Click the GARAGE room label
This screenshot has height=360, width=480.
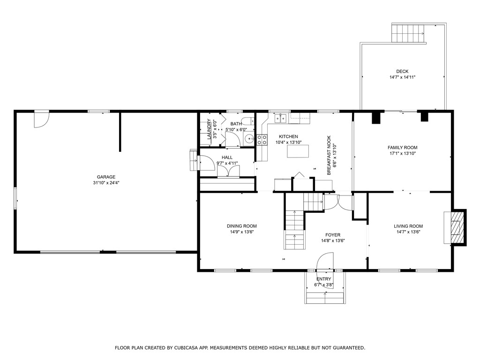106,177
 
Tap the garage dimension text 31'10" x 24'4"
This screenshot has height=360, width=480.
106,183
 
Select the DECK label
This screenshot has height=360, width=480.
402,71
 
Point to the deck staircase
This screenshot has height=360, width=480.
409,33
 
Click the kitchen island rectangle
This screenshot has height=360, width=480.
298,151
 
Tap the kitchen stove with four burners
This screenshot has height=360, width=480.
262,140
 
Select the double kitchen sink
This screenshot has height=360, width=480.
280,118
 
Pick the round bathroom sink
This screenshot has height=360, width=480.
249,139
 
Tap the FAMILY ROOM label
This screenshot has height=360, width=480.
402,148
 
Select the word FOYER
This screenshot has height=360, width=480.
333,235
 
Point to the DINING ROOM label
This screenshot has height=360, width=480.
242,226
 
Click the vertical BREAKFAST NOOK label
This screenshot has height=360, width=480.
329,155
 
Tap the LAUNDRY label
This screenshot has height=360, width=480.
209,129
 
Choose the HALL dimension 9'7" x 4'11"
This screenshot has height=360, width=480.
227,163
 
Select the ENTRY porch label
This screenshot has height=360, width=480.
323,279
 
